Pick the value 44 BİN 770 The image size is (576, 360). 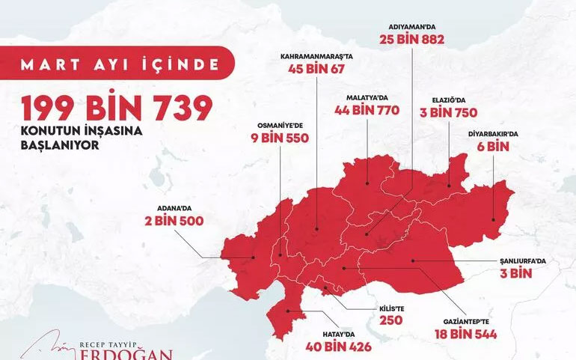(x=367, y=111)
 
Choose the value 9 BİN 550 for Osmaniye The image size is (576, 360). (x=279, y=138)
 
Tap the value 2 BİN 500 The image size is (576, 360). (x=174, y=221)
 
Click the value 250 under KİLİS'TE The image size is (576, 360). (x=390, y=320)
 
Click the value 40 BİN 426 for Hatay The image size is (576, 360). (x=338, y=347)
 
